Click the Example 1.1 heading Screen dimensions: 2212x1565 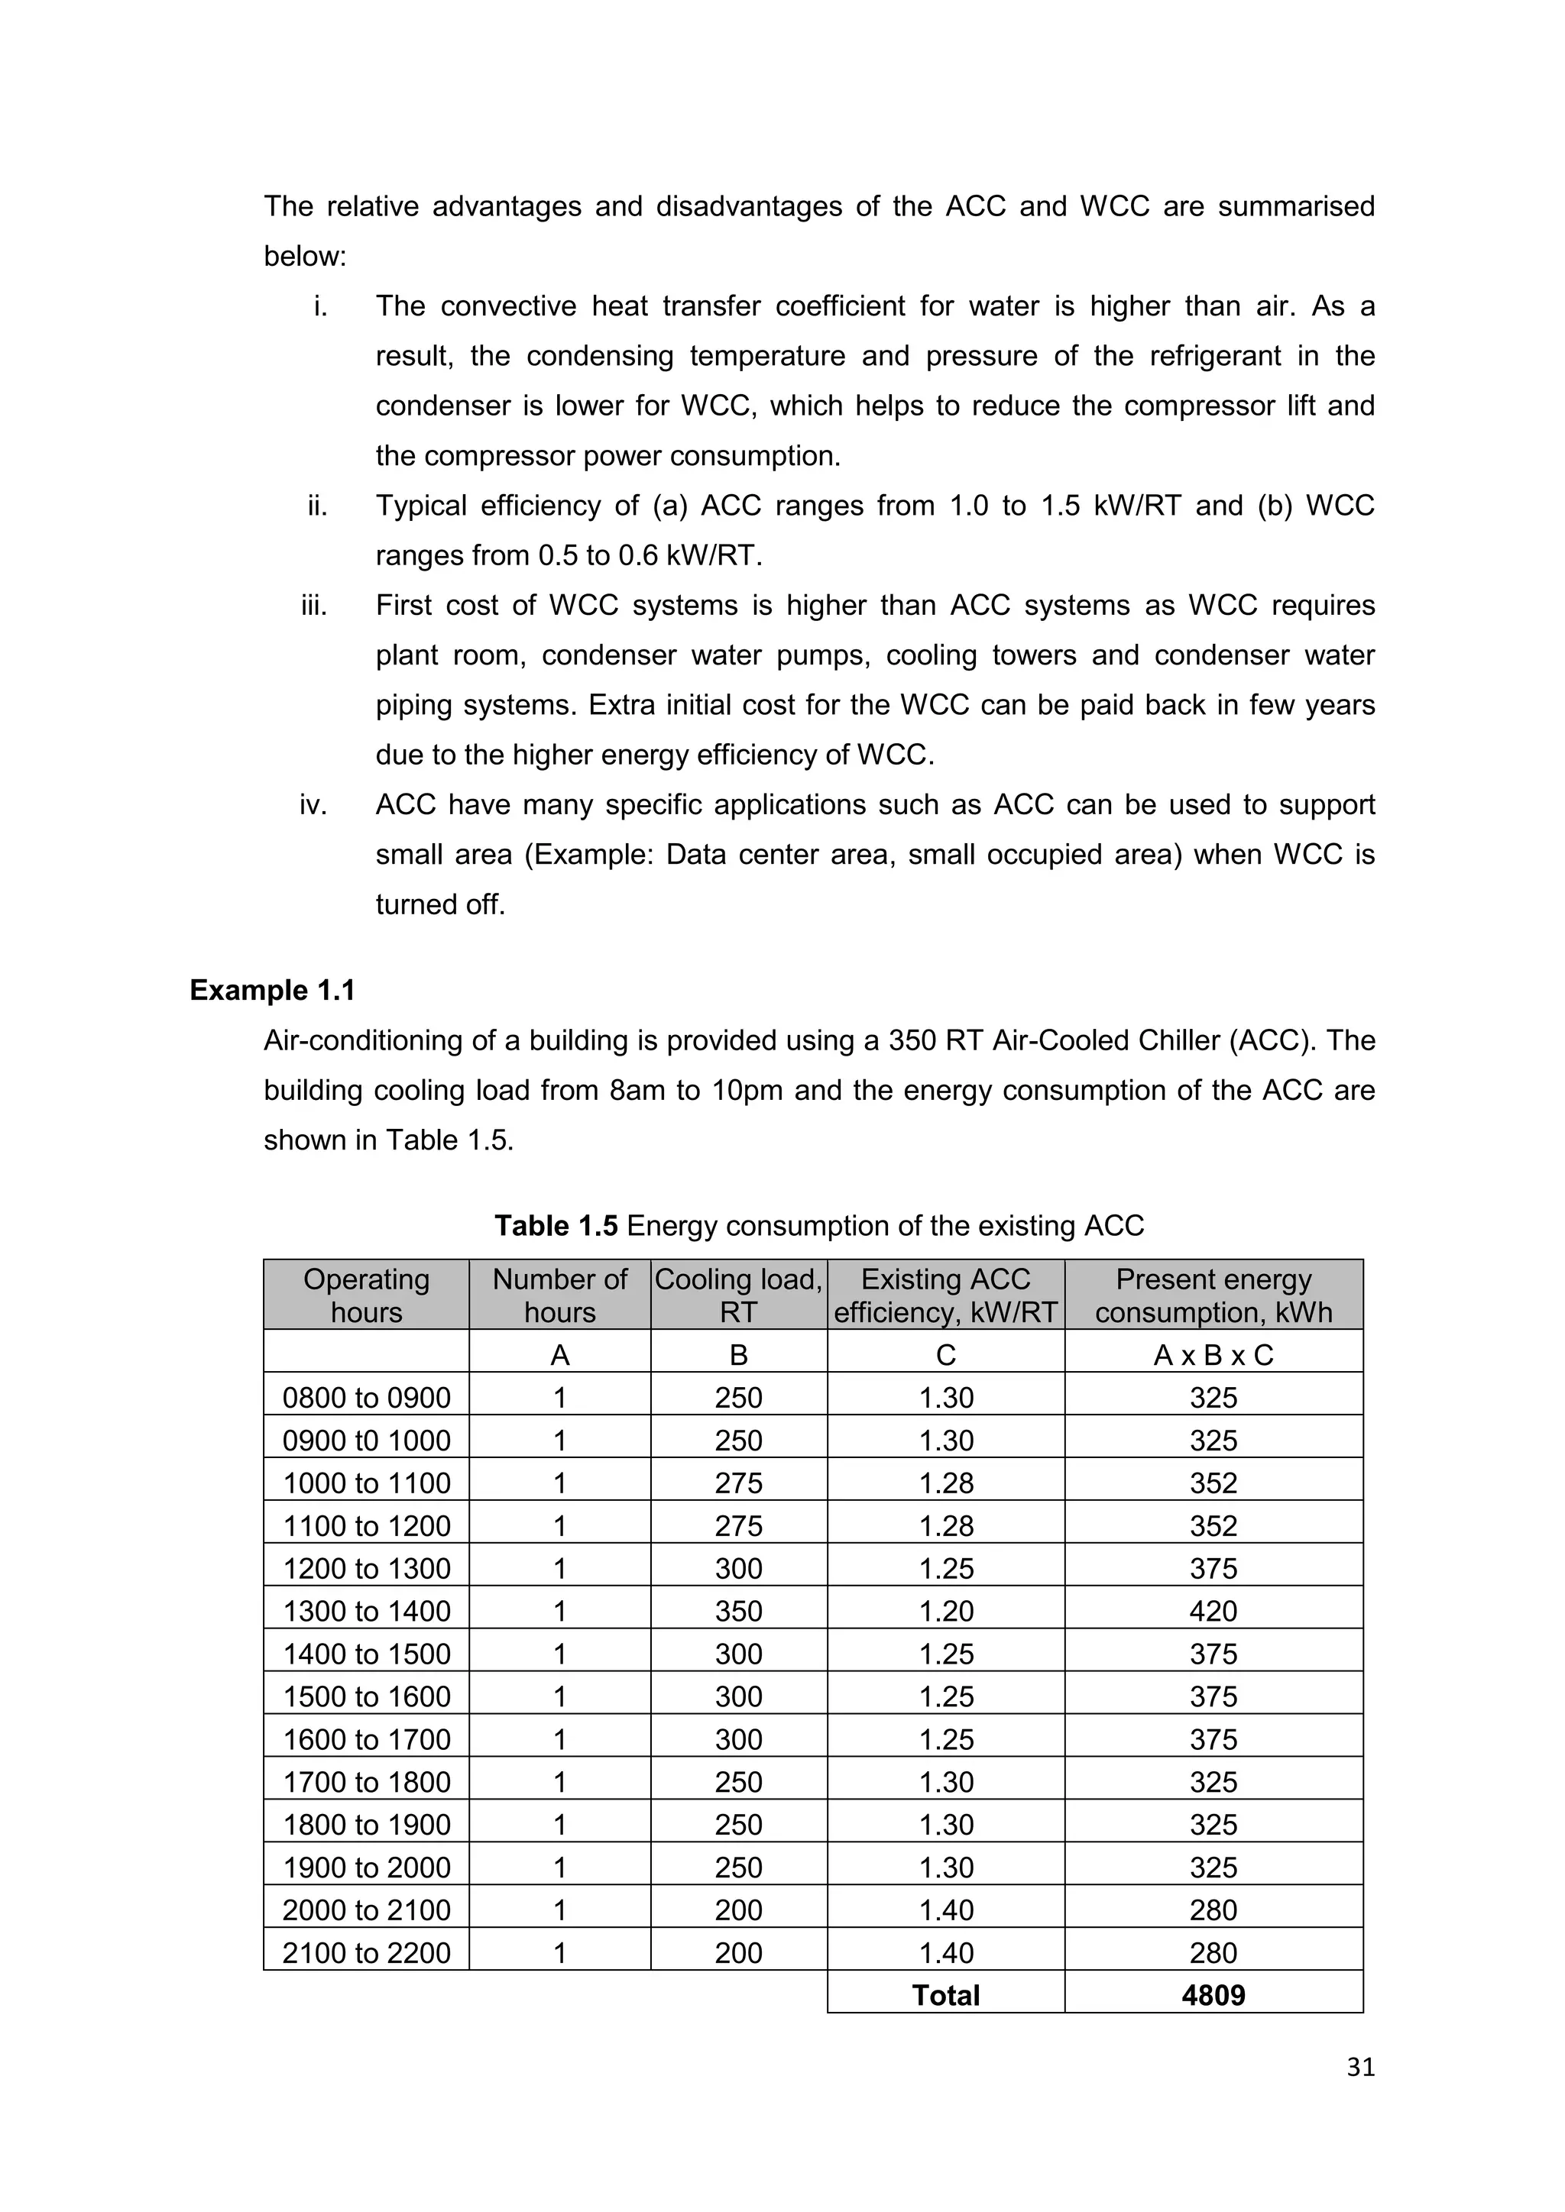(x=273, y=991)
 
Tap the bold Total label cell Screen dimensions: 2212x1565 (x=945, y=1995)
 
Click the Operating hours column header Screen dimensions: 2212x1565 (x=366, y=1295)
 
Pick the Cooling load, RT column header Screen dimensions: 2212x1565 (x=738, y=1295)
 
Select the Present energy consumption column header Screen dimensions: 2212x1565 (x=1213, y=1295)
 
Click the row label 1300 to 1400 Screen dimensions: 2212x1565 (x=366, y=1611)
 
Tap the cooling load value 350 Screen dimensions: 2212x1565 (x=738, y=1611)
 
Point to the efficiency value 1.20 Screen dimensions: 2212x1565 (x=945, y=1611)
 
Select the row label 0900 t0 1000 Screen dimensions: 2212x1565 (x=366, y=1441)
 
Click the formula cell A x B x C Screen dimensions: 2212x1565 (x=1213, y=1356)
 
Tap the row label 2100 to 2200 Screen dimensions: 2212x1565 (x=366, y=1953)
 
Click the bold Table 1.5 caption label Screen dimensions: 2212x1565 (x=556, y=1225)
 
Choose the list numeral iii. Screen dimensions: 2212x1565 (x=314, y=606)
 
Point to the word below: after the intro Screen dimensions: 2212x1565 (x=305, y=257)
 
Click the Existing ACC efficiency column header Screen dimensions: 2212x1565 (x=945, y=1295)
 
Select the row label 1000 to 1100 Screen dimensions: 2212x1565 (x=366, y=1483)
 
